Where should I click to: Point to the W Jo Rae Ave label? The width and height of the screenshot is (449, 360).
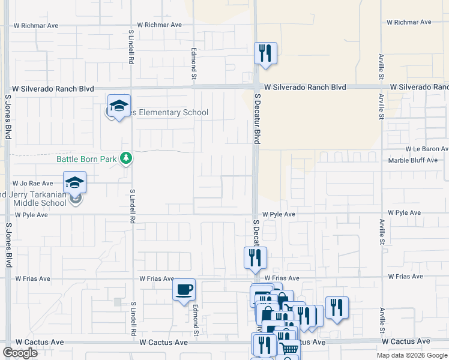34,184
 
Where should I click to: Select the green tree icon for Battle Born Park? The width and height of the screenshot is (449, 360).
126,158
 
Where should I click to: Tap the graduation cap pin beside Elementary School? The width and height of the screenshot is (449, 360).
119,106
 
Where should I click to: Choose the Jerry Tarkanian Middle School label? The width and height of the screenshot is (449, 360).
36,198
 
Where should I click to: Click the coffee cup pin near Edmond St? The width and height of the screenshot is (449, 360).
184,290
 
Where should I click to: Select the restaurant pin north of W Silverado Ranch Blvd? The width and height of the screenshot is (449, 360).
264,53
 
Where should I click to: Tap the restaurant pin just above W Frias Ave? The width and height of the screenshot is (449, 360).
255,257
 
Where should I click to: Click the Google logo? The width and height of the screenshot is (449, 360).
20,353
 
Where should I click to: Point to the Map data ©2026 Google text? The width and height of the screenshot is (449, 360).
412,355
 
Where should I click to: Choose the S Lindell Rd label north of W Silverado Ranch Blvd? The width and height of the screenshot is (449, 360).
130,46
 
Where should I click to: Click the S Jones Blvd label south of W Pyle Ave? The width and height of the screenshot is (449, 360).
8,246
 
